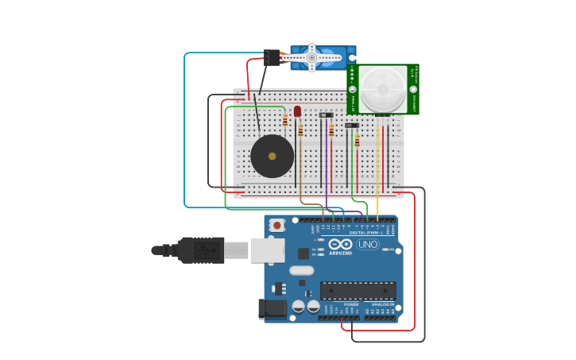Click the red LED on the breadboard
297,111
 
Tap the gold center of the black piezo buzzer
273,156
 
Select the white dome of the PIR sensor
382,89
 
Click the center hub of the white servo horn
311,57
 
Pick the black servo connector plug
272,57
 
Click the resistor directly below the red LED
300,130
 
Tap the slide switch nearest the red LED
326,115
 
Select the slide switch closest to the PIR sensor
352,126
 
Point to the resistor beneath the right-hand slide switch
358,141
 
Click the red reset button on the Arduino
276,225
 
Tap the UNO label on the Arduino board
368,244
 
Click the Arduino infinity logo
341,244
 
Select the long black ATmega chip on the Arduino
358,290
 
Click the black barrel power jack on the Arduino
273,308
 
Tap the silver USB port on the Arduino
268,250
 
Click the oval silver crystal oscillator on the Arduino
302,270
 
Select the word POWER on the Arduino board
351,304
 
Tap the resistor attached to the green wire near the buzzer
285,120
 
